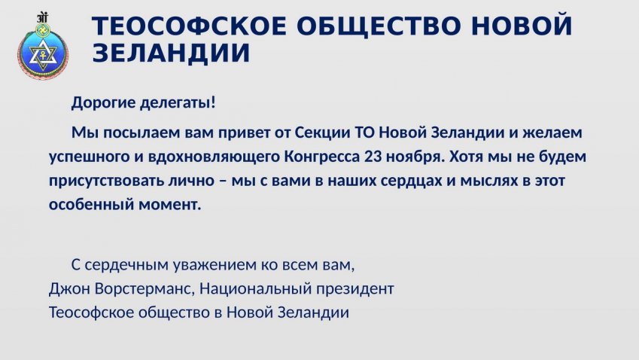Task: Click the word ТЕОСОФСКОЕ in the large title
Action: click(x=190, y=26)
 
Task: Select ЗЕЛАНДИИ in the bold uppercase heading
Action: click(x=171, y=53)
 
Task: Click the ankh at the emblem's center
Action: click(x=42, y=56)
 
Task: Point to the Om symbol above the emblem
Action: click(x=42, y=18)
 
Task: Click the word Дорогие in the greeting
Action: click(x=104, y=102)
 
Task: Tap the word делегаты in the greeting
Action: click(x=175, y=102)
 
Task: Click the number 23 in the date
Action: click(x=373, y=157)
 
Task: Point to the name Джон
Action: click(x=70, y=288)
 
